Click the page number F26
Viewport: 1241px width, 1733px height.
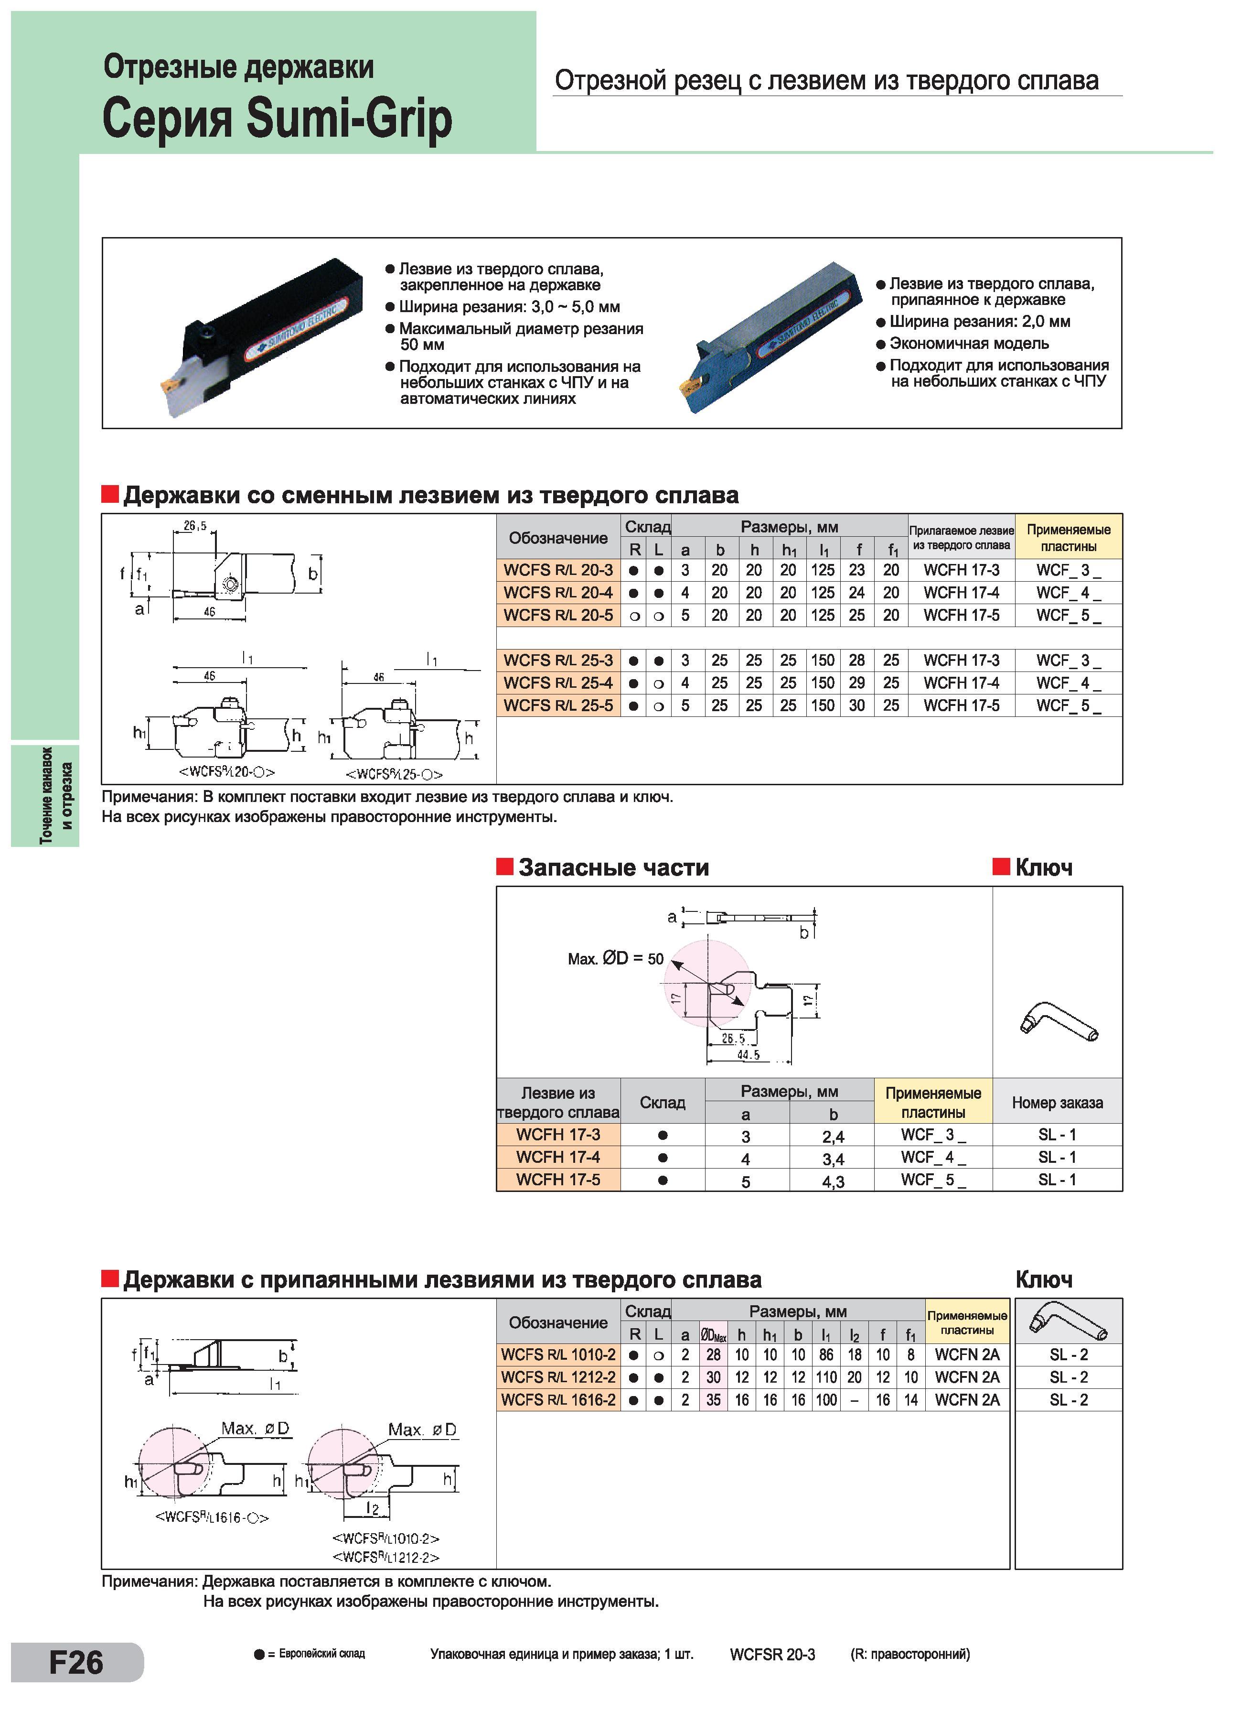[x=76, y=1662]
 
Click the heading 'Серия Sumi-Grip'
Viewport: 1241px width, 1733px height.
[x=277, y=119]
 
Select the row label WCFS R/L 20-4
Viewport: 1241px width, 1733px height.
[x=558, y=592]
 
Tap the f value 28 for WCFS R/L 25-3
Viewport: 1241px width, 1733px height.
[x=857, y=660]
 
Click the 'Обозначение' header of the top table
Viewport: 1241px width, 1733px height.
[x=558, y=538]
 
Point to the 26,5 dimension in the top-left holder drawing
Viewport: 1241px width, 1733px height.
[x=195, y=526]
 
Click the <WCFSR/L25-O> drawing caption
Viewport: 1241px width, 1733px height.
[x=394, y=774]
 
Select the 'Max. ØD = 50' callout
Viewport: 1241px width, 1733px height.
[x=616, y=958]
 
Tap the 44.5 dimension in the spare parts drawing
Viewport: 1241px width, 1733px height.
[x=749, y=1055]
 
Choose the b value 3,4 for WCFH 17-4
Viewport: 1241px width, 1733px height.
[x=833, y=1159]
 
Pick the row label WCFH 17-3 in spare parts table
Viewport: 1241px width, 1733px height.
[x=558, y=1135]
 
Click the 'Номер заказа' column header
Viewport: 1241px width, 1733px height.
[x=1057, y=1103]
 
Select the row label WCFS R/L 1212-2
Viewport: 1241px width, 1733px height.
[x=558, y=1377]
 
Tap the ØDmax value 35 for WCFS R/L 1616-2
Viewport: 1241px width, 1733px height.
[x=713, y=1400]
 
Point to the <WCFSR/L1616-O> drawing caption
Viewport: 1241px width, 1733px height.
[x=212, y=1517]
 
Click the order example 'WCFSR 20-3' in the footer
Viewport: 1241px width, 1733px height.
[x=772, y=1654]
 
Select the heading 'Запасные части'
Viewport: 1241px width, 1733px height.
[x=614, y=867]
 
